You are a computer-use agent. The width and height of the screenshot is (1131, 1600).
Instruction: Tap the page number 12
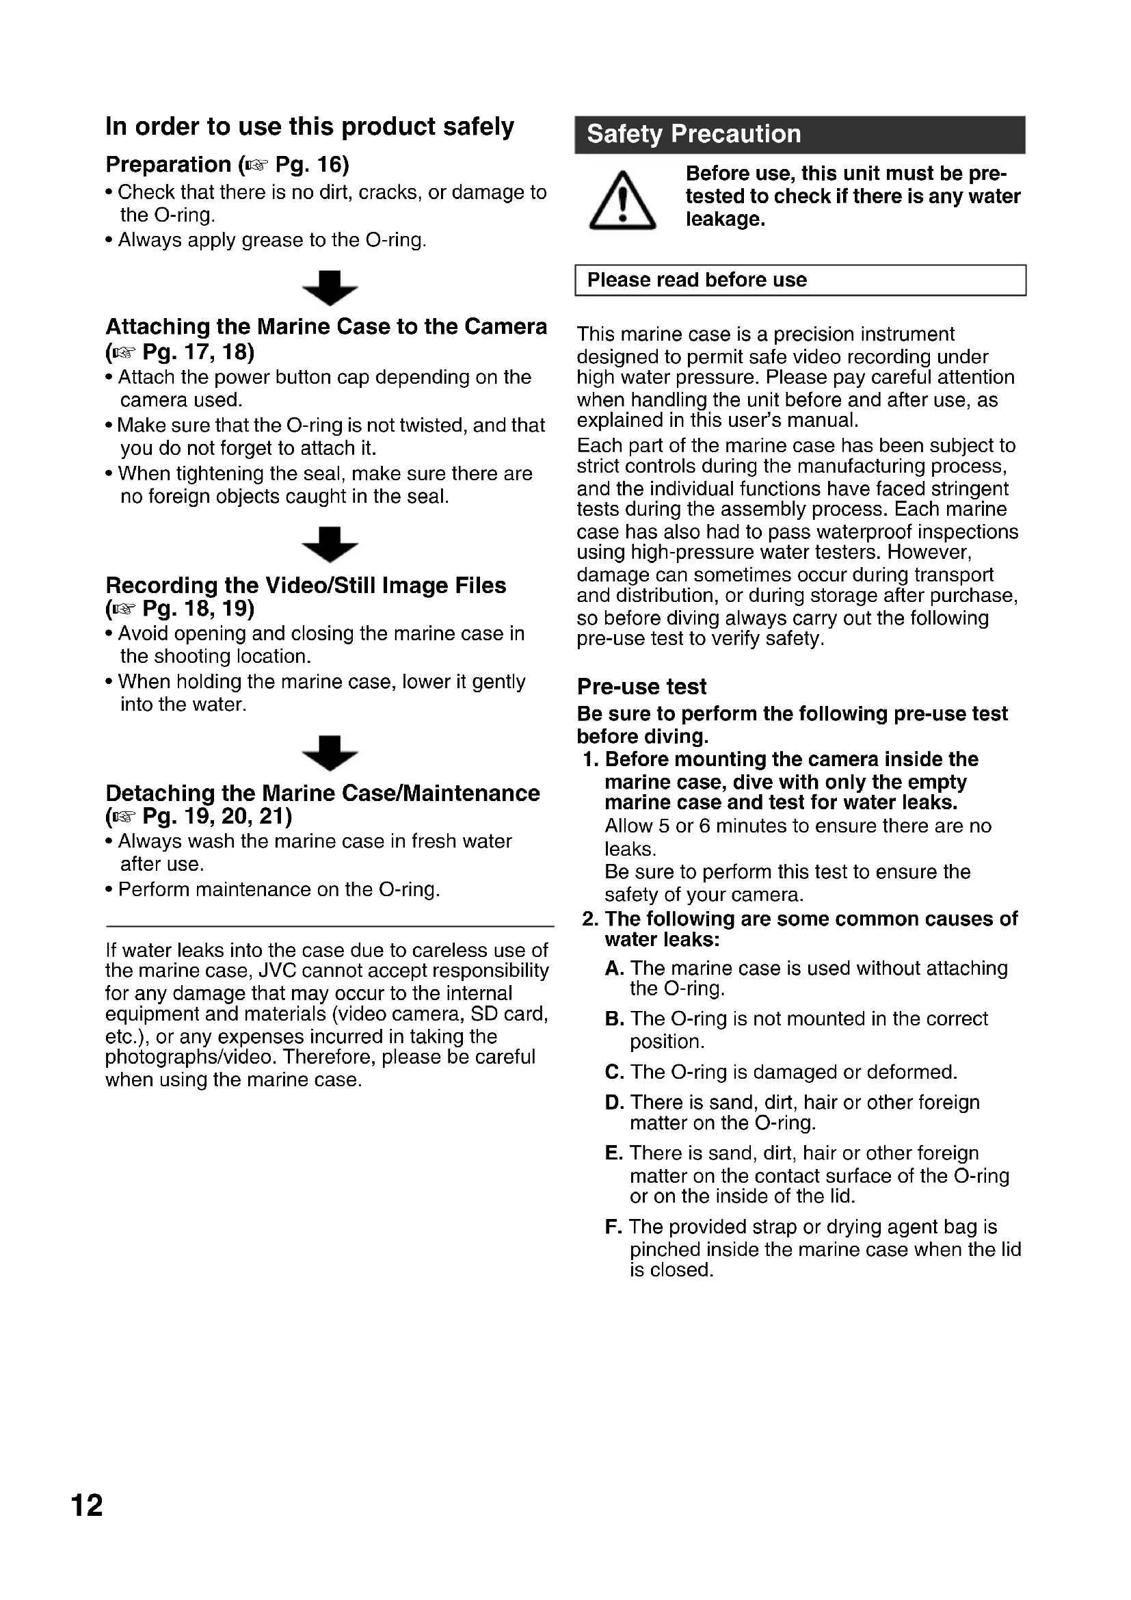(x=87, y=1505)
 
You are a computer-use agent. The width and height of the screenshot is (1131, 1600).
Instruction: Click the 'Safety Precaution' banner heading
(x=693, y=134)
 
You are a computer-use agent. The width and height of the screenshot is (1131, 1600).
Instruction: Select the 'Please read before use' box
(x=799, y=280)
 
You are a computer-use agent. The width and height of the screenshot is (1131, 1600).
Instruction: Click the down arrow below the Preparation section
(x=330, y=288)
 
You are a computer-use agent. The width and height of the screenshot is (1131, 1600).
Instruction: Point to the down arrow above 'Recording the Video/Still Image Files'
(x=330, y=545)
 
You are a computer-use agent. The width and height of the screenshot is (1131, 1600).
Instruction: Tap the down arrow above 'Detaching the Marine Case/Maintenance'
(x=330, y=752)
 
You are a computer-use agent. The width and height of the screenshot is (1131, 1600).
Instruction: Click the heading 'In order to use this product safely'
(x=309, y=127)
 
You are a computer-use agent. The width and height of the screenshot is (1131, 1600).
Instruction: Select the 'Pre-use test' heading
(x=641, y=686)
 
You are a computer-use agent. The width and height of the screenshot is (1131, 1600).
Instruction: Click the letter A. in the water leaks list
(x=613, y=968)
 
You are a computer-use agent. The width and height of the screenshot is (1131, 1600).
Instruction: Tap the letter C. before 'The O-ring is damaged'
(x=614, y=1072)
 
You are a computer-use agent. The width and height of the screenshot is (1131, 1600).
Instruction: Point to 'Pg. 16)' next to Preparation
(x=312, y=164)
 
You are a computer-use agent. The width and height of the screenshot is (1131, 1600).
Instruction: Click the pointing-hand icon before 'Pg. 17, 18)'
(x=124, y=352)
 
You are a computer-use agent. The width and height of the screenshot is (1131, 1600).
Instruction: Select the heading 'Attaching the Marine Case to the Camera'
(x=326, y=327)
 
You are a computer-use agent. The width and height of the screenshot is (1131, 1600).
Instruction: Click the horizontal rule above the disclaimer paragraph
(x=330, y=926)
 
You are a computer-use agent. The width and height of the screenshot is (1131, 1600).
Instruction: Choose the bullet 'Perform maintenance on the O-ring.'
(x=278, y=890)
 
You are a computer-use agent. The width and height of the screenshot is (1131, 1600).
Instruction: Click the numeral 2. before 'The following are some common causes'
(x=591, y=919)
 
